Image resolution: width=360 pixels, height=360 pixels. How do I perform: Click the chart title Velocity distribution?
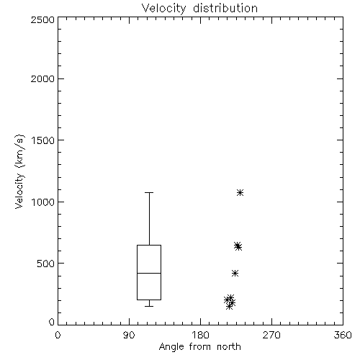pyautogui.click(x=199, y=9)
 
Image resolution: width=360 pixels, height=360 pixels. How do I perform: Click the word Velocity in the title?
pyautogui.click(x=163, y=9)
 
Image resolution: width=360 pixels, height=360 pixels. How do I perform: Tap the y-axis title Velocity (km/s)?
pyautogui.click(x=19, y=171)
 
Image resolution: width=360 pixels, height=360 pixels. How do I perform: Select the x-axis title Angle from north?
pyautogui.click(x=199, y=347)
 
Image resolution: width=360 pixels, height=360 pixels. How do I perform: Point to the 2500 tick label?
pyautogui.click(x=42, y=19)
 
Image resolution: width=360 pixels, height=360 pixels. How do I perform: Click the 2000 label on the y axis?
pyautogui.click(x=42, y=78)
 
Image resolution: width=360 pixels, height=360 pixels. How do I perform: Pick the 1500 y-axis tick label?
pyautogui.click(x=43, y=140)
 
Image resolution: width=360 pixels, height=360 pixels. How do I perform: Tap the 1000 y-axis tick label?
pyautogui.click(x=43, y=202)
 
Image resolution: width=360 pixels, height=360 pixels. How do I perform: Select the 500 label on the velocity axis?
pyautogui.click(x=45, y=264)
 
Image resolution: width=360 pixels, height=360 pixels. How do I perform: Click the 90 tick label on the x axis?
pyautogui.click(x=129, y=335)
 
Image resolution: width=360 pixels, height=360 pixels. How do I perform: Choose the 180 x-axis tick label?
pyautogui.click(x=200, y=335)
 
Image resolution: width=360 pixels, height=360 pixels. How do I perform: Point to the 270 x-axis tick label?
pyautogui.click(x=271, y=335)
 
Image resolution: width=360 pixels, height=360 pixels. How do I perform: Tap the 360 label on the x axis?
pyautogui.click(x=343, y=335)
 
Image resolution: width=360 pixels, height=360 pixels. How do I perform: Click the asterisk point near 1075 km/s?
pyautogui.click(x=240, y=192)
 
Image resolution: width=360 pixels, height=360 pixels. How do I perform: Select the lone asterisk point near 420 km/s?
pyautogui.click(x=235, y=273)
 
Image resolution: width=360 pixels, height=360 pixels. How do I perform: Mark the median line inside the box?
pyautogui.click(x=149, y=273)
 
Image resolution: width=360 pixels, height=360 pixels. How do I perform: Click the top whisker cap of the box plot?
pyautogui.click(x=149, y=192)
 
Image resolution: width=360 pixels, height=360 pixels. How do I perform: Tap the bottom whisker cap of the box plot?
pyautogui.click(x=149, y=306)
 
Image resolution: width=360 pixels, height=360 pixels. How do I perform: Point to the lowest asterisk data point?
pyautogui.click(x=229, y=306)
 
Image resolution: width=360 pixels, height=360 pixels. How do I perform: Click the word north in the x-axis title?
pyautogui.click(x=229, y=347)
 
